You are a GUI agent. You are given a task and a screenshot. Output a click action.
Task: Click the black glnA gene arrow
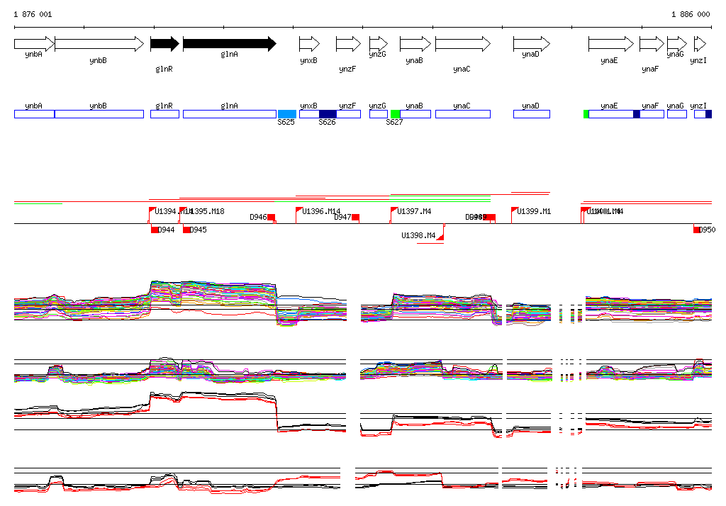[x=229, y=44]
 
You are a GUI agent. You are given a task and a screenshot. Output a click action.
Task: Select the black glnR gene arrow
[x=164, y=44]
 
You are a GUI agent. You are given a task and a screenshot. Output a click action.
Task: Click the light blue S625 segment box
[x=287, y=114]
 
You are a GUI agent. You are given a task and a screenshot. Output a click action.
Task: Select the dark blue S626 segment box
[x=328, y=114]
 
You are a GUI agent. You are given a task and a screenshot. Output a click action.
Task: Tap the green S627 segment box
[x=395, y=114]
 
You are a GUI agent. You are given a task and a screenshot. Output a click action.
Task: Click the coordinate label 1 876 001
[x=32, y=14]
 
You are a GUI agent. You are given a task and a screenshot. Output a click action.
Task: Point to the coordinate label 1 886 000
[x=690, y=14]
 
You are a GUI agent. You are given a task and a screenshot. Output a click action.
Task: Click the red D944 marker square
[x=155, y=230]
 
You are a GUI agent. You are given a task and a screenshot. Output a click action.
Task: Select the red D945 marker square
[x=186, y=230]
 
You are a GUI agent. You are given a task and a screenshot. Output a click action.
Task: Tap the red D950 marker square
[x=696, y=230]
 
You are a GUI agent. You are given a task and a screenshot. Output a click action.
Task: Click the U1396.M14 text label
[x=321, y=211]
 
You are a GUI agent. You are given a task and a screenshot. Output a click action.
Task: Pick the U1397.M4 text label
[x=415, y=211]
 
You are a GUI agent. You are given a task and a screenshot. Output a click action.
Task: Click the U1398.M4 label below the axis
[x=418, y=235]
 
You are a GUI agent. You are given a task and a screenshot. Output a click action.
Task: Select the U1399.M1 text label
[x=534, y=211]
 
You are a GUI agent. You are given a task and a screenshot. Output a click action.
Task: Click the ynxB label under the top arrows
[x=308, y=61]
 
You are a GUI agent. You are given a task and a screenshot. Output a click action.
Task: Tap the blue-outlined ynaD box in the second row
[x=531, y=114]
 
